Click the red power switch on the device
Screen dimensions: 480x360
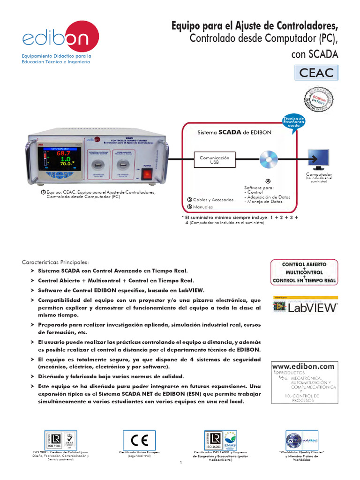[x=147, y=174]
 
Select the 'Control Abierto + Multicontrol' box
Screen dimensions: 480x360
[x=304, y=272]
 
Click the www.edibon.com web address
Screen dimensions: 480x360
[x=303, y=366]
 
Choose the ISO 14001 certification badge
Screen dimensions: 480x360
[x=222, y=440]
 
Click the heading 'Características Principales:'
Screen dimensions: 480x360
[x=55, y=262]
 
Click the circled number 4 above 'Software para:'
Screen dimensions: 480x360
[x=268, y=181]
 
